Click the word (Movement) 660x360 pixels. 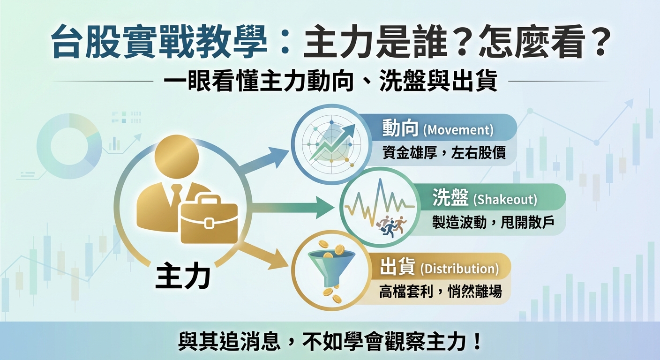458,130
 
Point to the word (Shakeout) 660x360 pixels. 505,200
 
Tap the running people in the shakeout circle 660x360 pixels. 391,226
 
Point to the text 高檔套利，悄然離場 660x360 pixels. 440,292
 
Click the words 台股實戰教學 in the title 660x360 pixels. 160,43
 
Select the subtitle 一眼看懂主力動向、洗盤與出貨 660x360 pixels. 330,81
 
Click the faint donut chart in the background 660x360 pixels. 69,146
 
